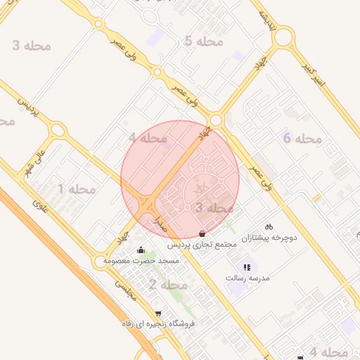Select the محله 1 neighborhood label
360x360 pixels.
coord(77,189)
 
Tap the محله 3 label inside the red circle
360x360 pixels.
coord(214,208)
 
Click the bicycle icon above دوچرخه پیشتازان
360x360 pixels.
coord(268,226)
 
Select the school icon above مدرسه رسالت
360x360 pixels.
coord(246,267)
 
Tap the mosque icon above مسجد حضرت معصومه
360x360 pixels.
coord(141,249)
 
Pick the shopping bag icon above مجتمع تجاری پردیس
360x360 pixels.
coord(202,233)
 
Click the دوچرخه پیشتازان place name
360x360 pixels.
coord(270,238)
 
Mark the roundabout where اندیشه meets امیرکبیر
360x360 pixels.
coord(283,37)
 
